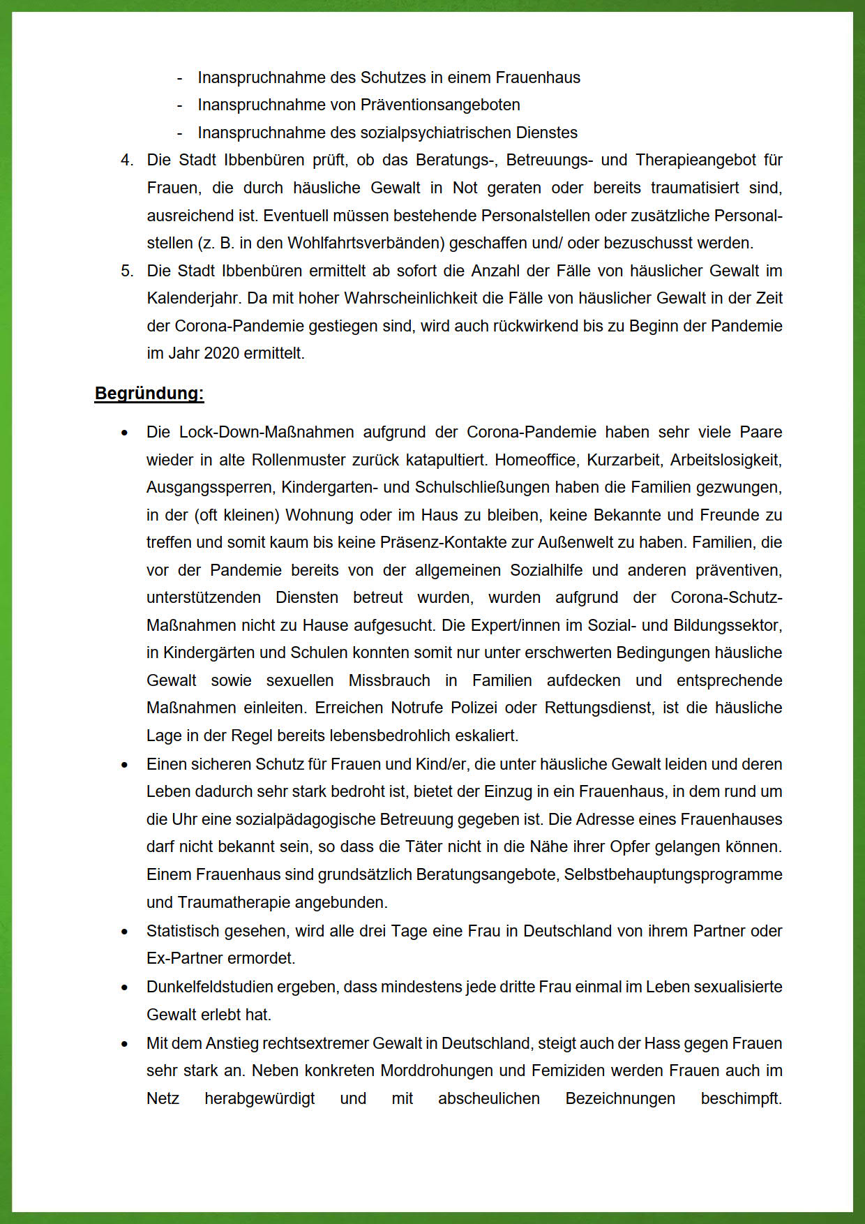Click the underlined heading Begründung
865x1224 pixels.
149,394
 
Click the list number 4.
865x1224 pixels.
126,161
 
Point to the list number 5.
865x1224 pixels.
126,271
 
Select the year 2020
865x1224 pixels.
221,354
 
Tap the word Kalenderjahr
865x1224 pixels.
193,299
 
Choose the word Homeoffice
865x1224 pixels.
536,461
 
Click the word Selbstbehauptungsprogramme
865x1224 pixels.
673,875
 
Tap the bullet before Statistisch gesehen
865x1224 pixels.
125,932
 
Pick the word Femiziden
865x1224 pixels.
580,1071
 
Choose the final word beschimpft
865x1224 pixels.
741,1099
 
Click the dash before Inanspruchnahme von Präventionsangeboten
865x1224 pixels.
180,105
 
